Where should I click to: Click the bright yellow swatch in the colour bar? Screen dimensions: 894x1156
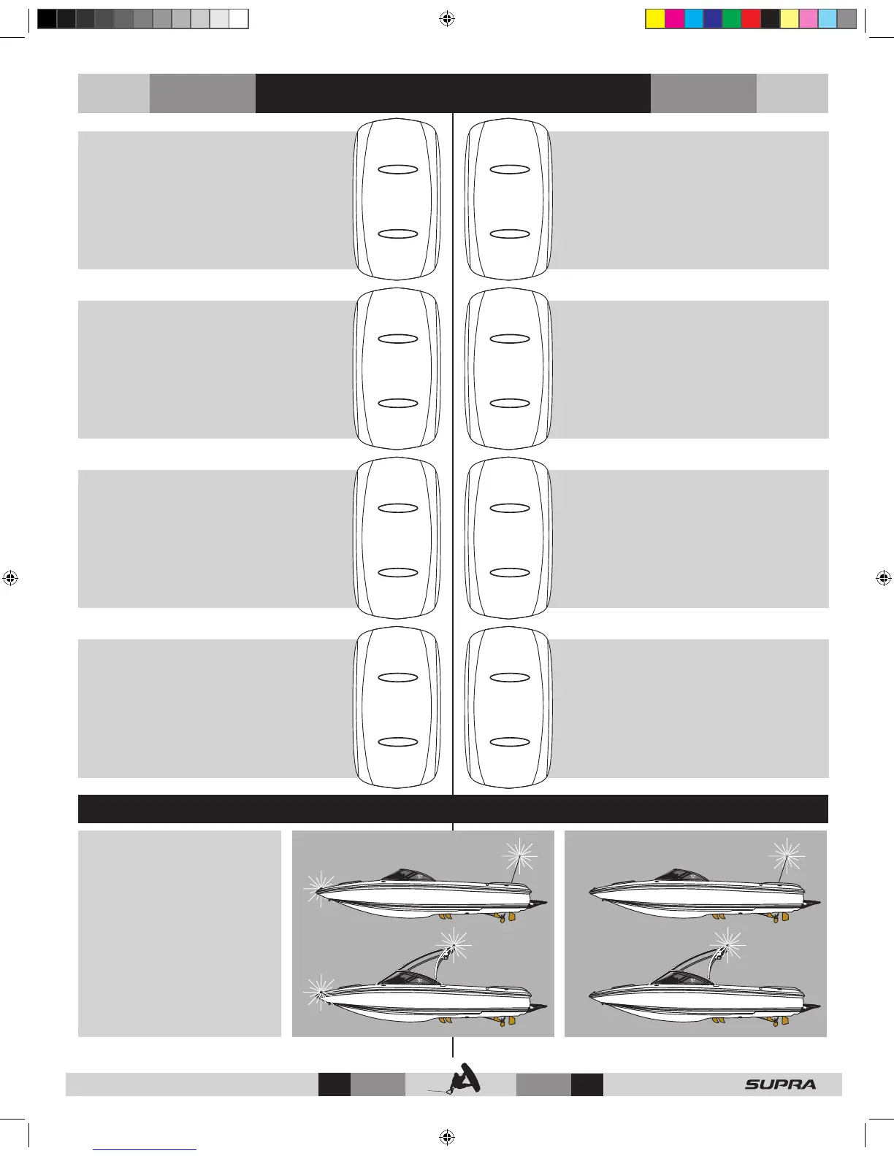(655, 19)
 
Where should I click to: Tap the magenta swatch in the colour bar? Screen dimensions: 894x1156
(674, 19)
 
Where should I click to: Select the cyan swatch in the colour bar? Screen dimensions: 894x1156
(693, 19)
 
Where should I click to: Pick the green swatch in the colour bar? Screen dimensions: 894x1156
(732, 19)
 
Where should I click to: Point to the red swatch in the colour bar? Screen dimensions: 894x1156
(751, 19)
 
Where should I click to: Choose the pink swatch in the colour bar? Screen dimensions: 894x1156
(809, 19)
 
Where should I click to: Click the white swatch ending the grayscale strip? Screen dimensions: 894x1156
(239, 19)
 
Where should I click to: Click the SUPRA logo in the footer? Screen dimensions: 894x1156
(780, 1084)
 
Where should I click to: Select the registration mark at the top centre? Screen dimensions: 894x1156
(448, 20)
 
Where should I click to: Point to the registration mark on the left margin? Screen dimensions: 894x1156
(10, 579)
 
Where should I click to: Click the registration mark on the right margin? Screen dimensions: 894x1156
(883, 579)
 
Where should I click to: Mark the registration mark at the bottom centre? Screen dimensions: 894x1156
(448, 1136)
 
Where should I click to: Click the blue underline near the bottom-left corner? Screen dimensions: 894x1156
(145, 1149)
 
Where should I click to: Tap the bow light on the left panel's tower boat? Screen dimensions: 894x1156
(318, 990)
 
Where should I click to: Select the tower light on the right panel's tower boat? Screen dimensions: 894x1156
(727, 944)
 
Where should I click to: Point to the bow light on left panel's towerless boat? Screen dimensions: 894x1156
(318, 886)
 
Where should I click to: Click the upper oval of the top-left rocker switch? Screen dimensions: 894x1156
(398, 169)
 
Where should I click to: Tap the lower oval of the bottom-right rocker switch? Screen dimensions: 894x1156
(510, 742)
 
